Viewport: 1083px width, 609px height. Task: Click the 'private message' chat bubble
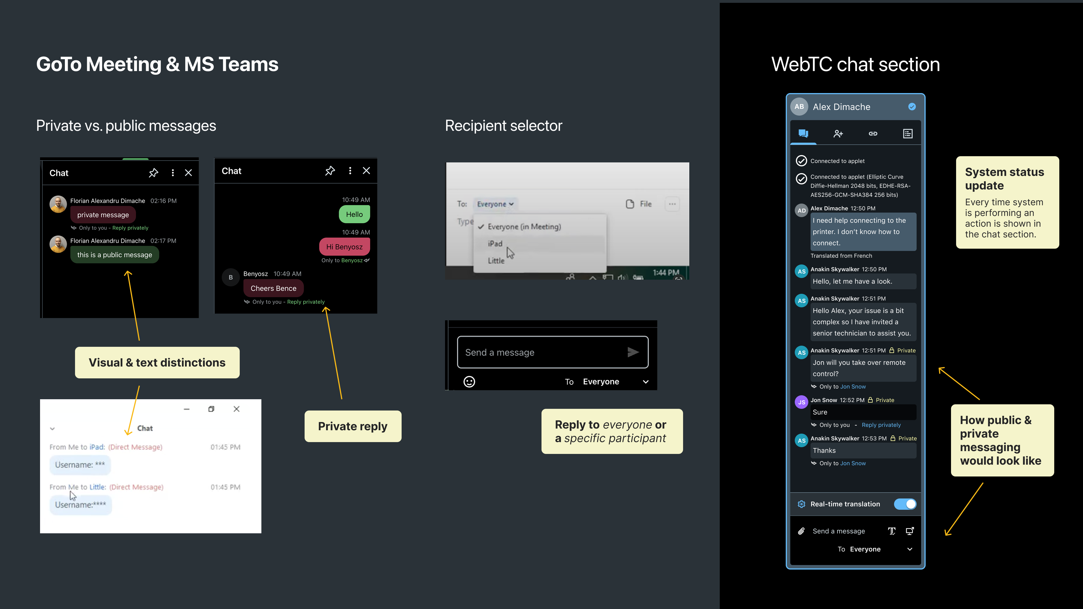coord(103,215)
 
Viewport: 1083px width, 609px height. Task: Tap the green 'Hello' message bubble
coord(354,214)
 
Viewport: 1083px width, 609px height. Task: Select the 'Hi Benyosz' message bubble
coord(344,247)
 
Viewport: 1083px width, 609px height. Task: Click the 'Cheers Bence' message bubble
coord(273,288)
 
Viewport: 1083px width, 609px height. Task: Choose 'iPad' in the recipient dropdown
coord(495,244)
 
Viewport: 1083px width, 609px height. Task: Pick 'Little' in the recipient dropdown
coord(496,261)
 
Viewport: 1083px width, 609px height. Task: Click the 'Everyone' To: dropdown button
coord(495,204)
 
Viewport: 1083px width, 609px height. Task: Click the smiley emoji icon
coord(469,382)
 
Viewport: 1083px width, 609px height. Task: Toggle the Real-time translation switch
coord(905,504)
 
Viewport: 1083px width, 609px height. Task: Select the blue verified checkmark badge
coord(912,107)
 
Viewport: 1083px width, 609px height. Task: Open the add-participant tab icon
coord(838,134)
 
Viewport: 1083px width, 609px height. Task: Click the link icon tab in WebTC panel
coord(873,134)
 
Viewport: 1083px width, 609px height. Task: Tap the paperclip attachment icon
coord(801,531)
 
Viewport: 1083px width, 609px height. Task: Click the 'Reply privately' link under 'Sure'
coord(881,425)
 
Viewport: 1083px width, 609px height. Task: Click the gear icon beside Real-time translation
coord(801,504)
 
